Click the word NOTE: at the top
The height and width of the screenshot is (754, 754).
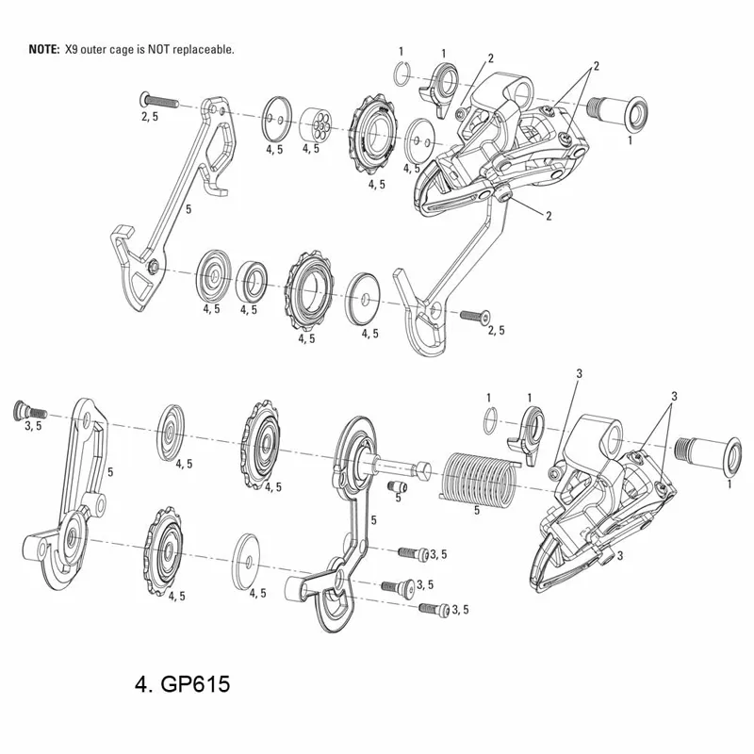click(43, 49)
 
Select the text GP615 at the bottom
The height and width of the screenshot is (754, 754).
click(193, 680)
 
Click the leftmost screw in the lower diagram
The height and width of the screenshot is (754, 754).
click(28, 411)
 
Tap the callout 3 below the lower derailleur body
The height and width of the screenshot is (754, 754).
click(621, 557)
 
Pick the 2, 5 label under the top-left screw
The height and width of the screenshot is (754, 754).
click(151, 116)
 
